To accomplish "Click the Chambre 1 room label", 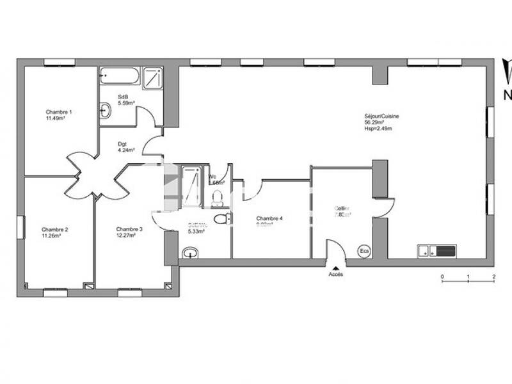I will point(58,112).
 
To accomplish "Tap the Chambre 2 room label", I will point(55,229).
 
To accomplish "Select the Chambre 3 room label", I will point(129,228).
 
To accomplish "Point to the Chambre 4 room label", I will point(269,218).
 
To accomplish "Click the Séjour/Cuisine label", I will point(382,116).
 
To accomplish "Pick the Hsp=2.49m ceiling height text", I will point(378,129).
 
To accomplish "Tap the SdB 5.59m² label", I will point(125,100).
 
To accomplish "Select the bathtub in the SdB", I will point(119,76).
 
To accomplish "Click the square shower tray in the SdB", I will point(153,77).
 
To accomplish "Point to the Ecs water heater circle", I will point(365,250).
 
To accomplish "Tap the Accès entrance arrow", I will point(335,266).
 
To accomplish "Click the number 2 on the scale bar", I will point(494,276).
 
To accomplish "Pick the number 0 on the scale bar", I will point(442,276).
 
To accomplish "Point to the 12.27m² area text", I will point(126,235).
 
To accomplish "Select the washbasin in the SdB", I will point(106,111).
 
